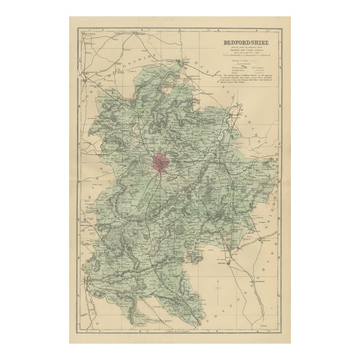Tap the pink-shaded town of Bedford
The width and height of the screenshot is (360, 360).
tap(159, 164)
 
